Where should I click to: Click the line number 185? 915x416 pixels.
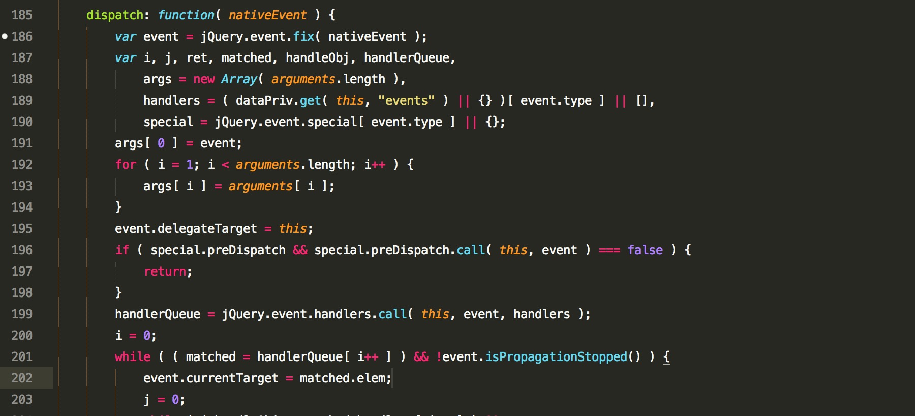tap(22, 15)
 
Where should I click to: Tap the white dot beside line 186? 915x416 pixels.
tap(5, 36)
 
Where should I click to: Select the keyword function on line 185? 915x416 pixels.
tap(186, 15)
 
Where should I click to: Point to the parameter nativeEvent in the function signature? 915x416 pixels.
tap(267, 15)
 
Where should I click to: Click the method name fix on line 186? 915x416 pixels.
tap(303, 37)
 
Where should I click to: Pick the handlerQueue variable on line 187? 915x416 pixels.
tap(407, 58)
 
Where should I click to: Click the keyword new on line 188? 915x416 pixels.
tap(204, 79)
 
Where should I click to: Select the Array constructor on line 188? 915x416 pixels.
tap(239, 79)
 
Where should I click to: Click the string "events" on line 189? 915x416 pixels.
tap(406, 101)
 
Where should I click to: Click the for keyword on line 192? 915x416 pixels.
tap(126, 165)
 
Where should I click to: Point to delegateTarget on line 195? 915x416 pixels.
tap(207, 229)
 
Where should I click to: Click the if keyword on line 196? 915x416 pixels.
tap(122, 250)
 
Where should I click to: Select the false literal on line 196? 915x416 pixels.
tap(645, 250)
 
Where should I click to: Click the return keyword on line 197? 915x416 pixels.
tap(165, 272)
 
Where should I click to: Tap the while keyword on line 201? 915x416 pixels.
tap(133, 357)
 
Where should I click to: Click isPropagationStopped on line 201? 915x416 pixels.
tap(556, 357)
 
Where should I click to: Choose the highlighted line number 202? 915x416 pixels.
tap(22, 378)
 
